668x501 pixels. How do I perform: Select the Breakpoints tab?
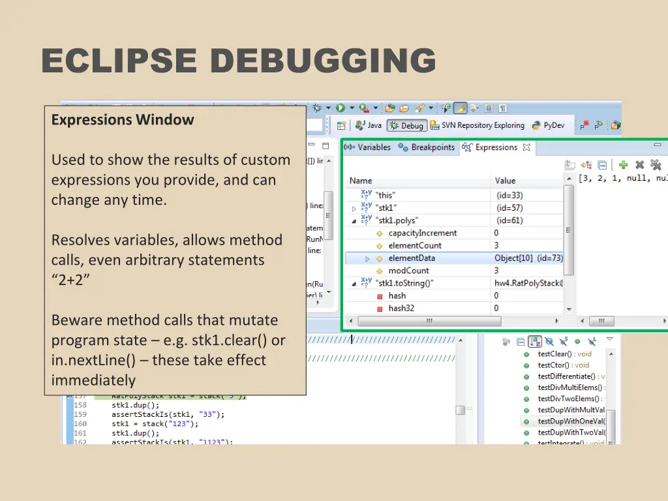433,147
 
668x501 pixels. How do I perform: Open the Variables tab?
374,147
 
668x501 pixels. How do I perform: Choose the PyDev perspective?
553,125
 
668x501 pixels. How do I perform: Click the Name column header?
361,181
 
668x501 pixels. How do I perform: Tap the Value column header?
505,181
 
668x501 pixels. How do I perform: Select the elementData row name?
412,258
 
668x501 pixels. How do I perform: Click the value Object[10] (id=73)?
528,258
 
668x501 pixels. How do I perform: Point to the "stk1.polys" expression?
397,220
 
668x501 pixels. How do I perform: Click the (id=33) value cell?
509,195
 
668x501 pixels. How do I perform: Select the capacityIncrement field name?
423,233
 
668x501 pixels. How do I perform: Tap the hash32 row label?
401,308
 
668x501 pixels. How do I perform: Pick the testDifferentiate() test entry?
566,376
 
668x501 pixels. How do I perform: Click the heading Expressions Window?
123,120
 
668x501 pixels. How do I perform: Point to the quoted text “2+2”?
67,281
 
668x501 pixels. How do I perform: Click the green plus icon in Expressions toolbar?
623,165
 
